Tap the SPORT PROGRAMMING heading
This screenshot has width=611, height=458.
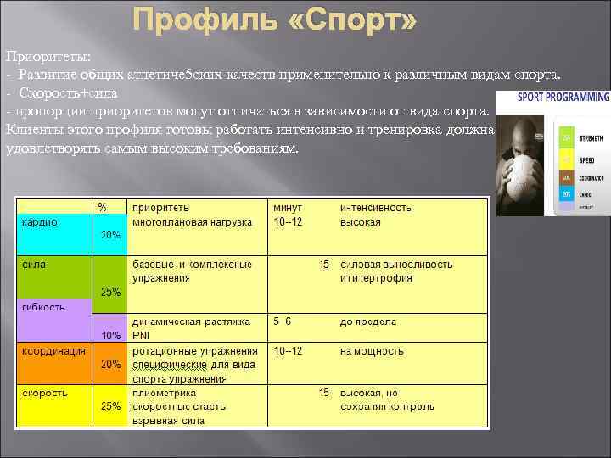(563, 98)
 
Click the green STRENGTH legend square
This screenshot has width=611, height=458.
(565, 137)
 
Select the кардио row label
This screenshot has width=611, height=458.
(40, 222)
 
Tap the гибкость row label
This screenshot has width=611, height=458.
(43, 307)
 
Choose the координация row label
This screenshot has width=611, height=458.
(53, 350)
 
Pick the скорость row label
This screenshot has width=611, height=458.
(45, 393)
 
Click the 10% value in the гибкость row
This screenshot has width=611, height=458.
(110, 336)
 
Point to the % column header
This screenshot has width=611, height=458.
(102, 207)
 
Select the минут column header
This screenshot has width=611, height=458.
(288, 207)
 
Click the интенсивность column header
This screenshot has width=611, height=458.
(376, 207)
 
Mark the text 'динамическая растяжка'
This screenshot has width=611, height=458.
(191, 321)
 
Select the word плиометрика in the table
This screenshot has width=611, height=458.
(164, 393)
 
